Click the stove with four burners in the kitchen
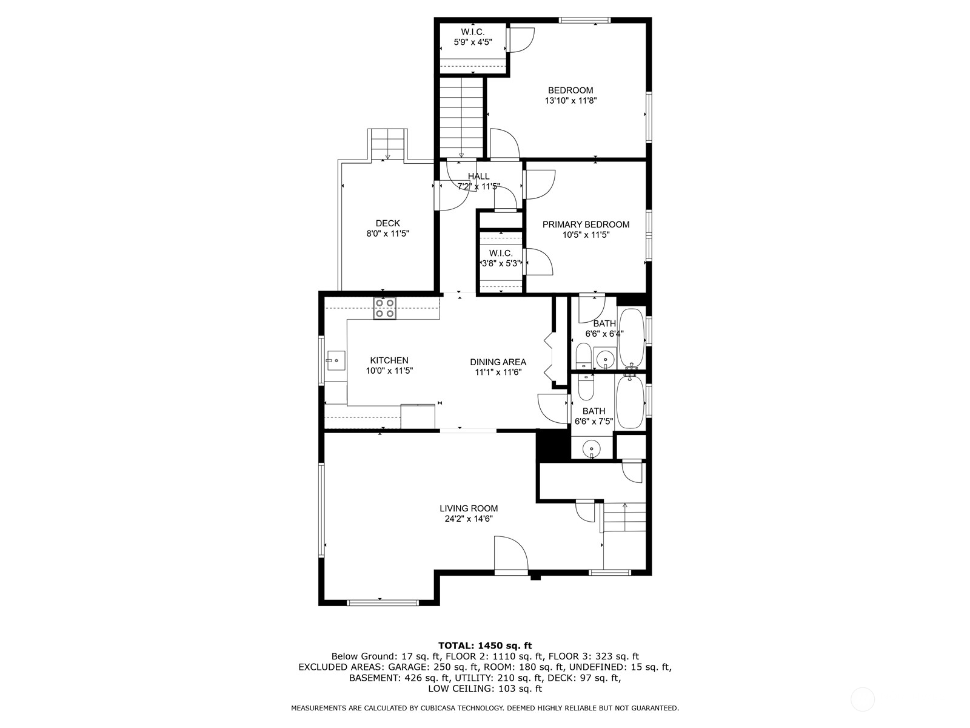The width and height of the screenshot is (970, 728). tap(385, 308)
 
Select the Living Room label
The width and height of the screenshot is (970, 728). tap(469, 508)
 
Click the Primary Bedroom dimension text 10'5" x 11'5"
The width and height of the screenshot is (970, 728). tap(586, 235)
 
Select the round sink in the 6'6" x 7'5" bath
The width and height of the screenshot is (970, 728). tap(591, 450)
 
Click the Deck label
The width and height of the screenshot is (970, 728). tap(387, 223)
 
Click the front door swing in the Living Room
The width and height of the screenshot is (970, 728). tap(510, 553)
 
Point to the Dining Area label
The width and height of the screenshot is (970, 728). tap(498, 362)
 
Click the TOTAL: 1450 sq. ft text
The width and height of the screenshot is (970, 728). tap(484, 645)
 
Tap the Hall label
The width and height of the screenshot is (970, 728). tap(478, 177)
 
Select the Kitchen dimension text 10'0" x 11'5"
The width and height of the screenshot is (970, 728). tap(389, 371)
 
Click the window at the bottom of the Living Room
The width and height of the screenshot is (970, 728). tap(383, 602)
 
